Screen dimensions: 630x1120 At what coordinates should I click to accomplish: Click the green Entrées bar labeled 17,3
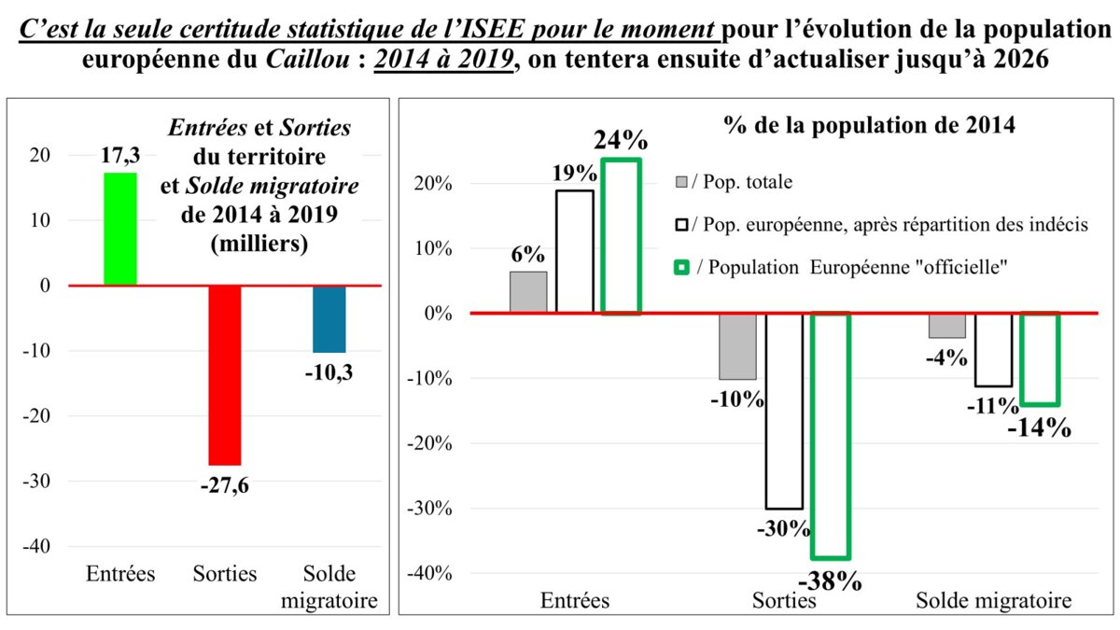pos(119,229)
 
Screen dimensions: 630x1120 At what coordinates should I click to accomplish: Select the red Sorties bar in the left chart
pos(224,374)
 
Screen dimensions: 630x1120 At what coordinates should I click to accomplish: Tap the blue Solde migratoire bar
pos(329,318)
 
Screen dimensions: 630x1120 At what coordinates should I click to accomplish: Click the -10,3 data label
pos(329,371)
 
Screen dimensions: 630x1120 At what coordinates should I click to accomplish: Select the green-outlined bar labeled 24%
pos(621,236)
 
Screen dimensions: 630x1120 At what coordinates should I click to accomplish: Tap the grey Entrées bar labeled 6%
pos(528,292)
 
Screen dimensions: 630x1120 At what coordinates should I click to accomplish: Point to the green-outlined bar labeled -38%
pos(831,435)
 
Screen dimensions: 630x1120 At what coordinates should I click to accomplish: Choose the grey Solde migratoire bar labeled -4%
pos(946,325)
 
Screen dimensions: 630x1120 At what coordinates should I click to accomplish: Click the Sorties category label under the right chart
pos(784,600)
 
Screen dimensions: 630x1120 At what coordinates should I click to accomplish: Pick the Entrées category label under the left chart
pos(120,573)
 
